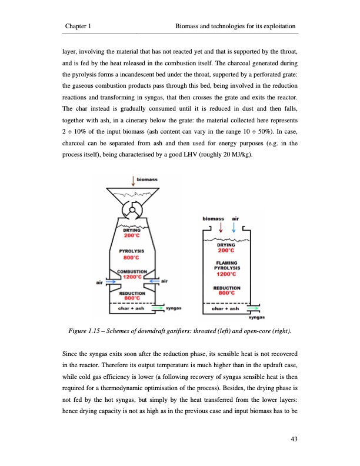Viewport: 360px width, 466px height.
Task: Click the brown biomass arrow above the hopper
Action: tap(132, 179)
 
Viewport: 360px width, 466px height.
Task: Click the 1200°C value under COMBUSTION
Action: tap(131, 277)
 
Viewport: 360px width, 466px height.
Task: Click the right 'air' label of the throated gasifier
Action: tap(165, 282)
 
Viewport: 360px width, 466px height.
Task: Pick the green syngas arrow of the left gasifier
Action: tap(158, 307)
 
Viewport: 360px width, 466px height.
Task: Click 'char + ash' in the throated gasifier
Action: tap(132, 307)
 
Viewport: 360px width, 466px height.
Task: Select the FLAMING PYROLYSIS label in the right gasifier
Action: tap(226, 266)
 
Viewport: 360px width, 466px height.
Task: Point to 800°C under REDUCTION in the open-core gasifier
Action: tap(226, 293)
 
